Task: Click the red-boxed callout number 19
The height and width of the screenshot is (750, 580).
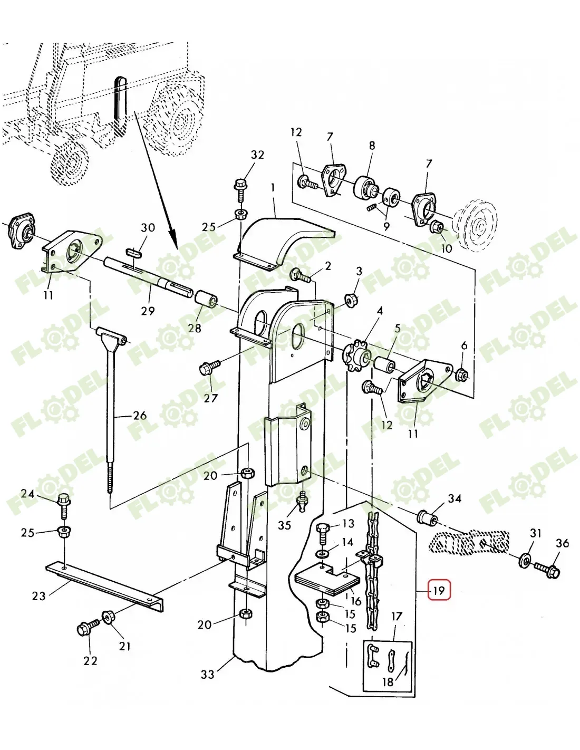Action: (439, 590)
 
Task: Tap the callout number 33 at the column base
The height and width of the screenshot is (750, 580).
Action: (208, 674)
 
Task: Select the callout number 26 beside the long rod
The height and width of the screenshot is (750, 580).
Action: (139, 416)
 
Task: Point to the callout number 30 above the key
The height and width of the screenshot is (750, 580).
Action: (148, 228)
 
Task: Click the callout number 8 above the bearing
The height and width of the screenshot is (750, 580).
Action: (372, 146)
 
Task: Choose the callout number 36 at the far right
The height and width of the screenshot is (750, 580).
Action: (563, 543)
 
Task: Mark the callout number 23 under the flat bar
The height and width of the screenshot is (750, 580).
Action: (39, 596)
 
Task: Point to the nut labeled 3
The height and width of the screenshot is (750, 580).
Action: (350, 300)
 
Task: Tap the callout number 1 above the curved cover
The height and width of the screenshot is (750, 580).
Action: (273, 187)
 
